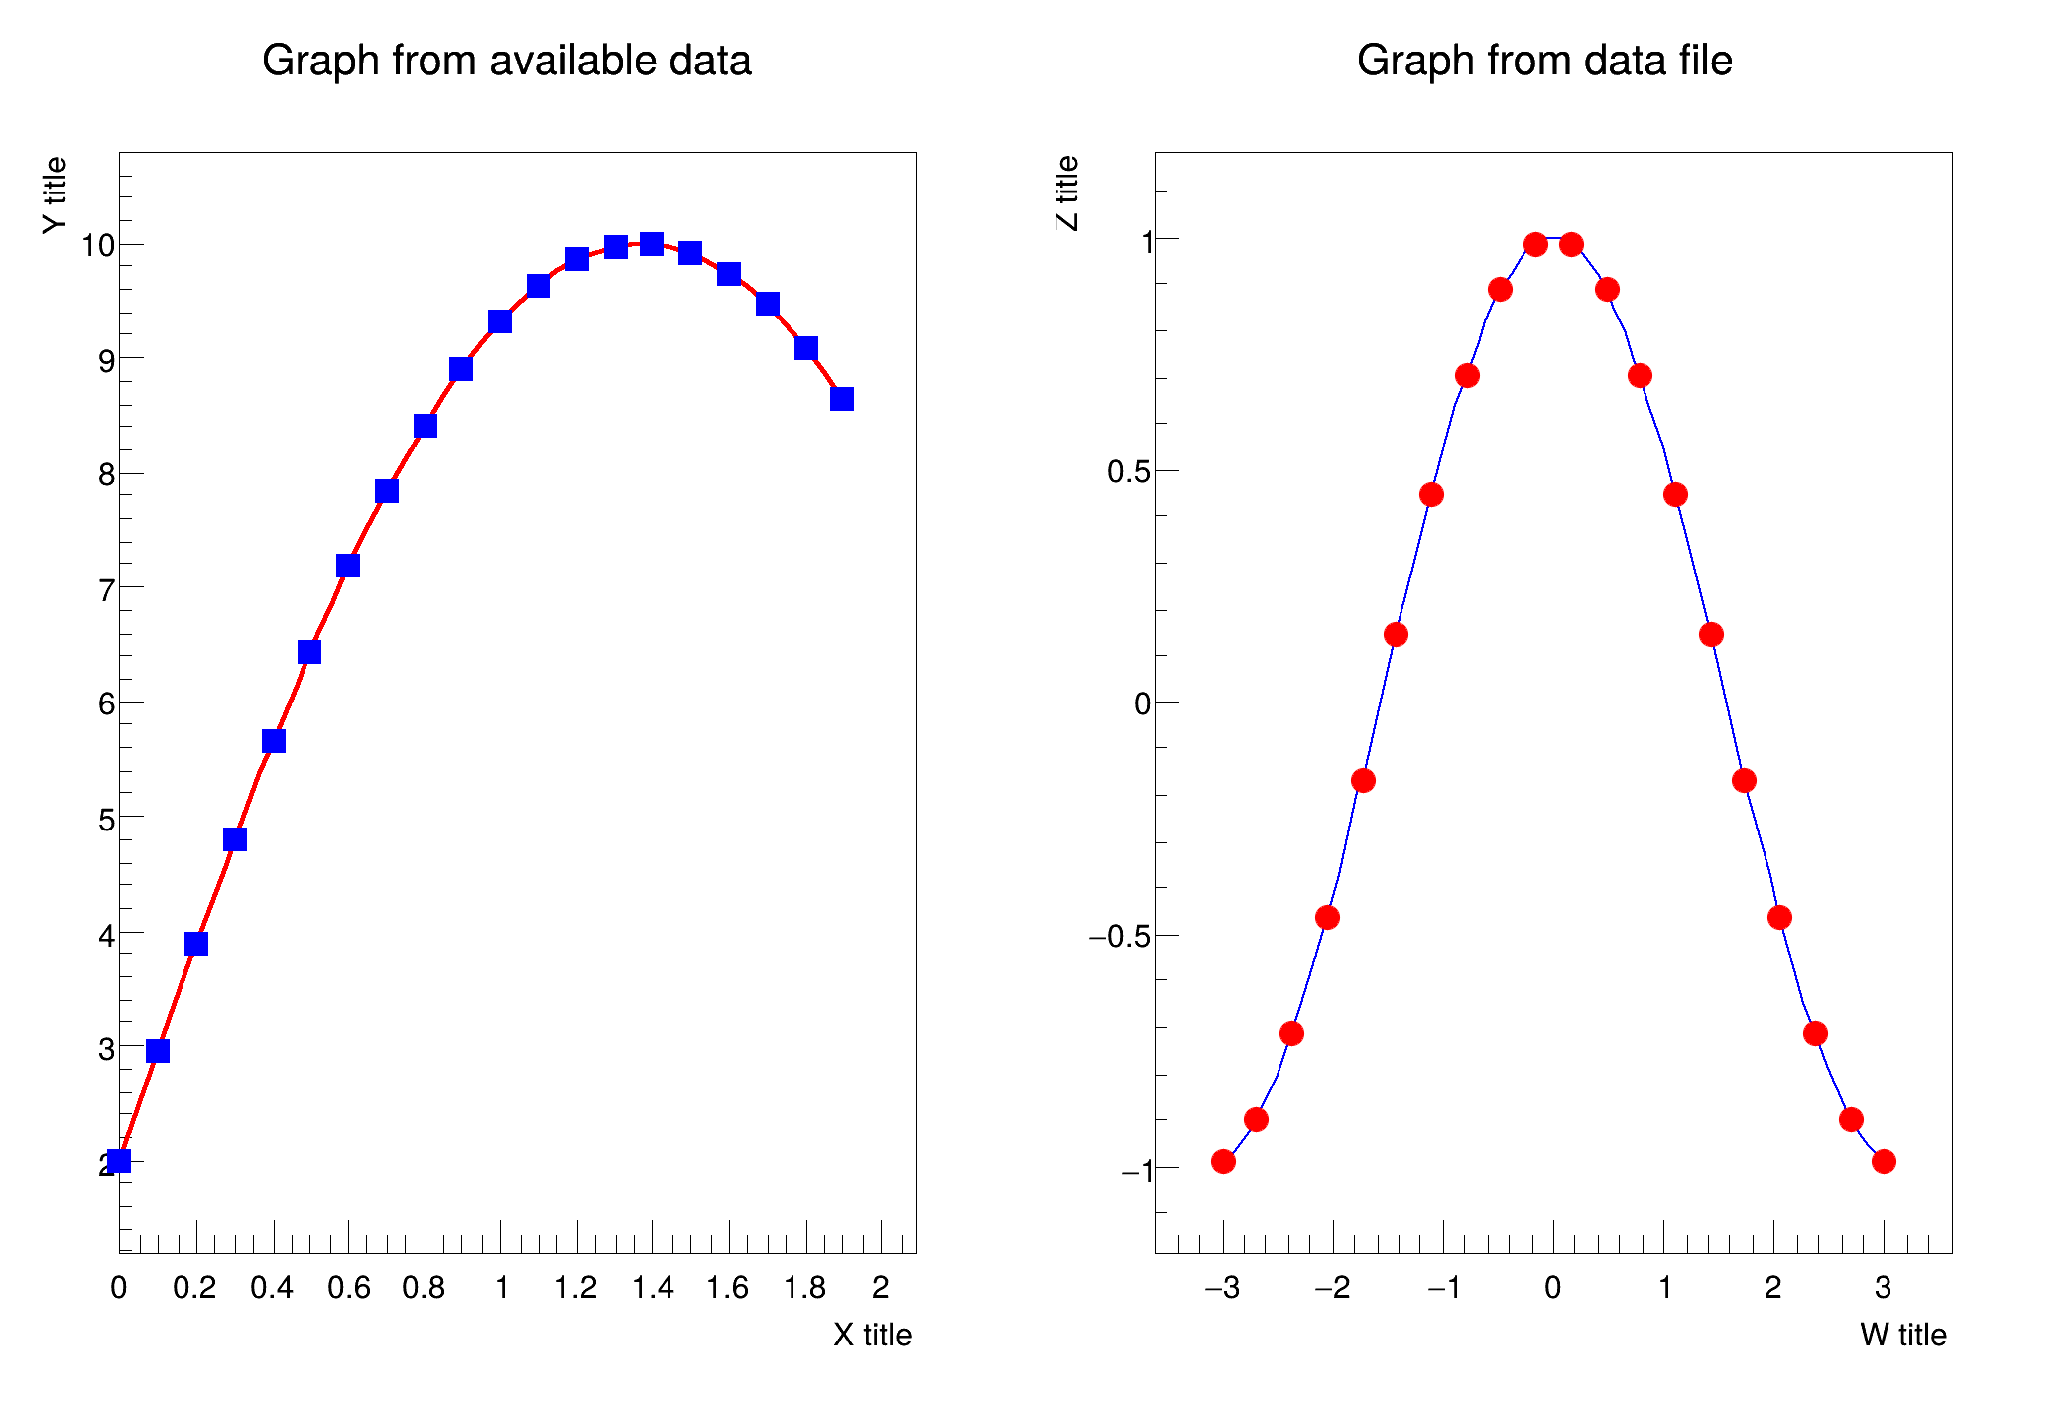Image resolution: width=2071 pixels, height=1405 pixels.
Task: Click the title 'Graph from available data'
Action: click(506, 61)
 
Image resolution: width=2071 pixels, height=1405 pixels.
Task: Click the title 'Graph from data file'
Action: click(1543, 61)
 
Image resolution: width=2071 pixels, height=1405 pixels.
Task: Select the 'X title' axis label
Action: click(872, 1335)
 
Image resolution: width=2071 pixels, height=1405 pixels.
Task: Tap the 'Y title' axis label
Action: click(55, 195)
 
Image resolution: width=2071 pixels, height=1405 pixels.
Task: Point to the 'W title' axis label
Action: click(1902, 1335)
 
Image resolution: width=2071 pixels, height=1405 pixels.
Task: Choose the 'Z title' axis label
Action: click(1067, 193)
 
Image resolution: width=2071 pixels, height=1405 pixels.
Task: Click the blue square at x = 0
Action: click(119, 1161)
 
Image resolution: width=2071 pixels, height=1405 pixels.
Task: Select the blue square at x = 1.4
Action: click(652, 243)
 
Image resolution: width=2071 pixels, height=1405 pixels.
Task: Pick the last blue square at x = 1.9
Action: click(842, 399)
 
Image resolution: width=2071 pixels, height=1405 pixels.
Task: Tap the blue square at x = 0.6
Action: click(348, 566)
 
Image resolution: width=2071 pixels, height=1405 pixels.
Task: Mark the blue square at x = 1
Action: click(500, 321)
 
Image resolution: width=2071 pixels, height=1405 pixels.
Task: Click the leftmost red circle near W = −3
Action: click(1223, 1161)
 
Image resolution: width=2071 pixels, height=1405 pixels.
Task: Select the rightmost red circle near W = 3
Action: click(1884, 1161)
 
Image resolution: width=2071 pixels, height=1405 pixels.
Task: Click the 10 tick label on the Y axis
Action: click(98, 245)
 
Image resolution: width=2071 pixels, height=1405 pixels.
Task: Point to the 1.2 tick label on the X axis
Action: click(575, 1288)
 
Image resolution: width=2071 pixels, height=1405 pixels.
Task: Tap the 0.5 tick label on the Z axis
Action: click(1128, 471)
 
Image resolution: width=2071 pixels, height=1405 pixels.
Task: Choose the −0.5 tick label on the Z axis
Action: click(1119, 936)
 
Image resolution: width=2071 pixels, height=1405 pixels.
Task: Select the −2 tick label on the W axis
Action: click(1332, 1288)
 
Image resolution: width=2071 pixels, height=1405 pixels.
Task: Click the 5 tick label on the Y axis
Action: click(106, 820)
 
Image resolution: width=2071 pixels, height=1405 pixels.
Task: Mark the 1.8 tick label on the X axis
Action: click(804, 1288)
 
